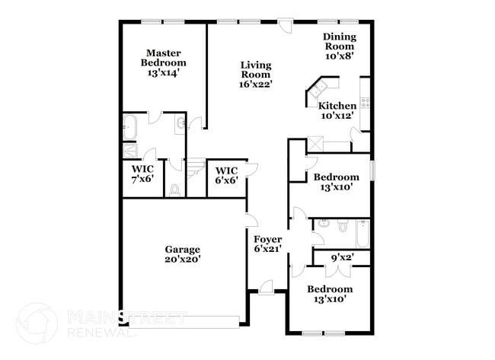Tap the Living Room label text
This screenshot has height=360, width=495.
[x=256, y=69]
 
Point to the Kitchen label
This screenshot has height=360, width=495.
[x=337, y=106]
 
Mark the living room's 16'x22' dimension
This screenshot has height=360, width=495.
[x=256, y=84]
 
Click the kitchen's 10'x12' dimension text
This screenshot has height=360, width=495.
[x=337, y=116]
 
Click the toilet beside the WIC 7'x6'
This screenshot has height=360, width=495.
[x=174, y=190]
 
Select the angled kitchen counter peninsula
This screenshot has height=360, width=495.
[x=315, y=91]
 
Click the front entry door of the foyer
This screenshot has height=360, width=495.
[x=266, y=287]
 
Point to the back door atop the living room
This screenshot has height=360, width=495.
[x=285, y=25]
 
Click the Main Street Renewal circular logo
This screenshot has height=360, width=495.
[x=36, y=323]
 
